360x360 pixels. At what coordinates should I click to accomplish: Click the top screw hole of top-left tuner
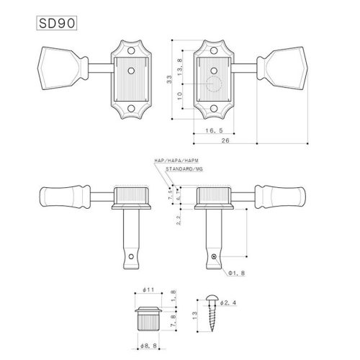(132, 50)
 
